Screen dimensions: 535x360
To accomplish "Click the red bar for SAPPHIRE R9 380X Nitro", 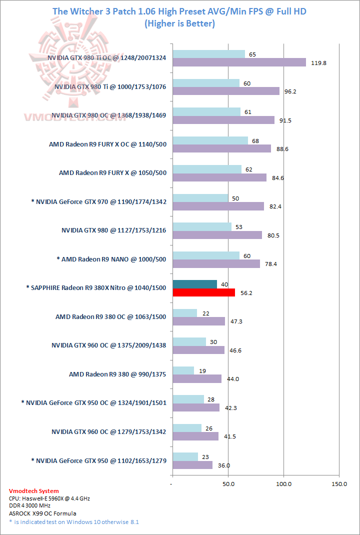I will [203, 292].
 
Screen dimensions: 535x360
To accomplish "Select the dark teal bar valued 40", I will [194, 284].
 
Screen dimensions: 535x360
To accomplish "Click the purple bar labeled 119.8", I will [239, 62].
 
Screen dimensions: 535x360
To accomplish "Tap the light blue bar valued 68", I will [210, 140].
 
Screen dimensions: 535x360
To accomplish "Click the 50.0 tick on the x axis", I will [228, 484].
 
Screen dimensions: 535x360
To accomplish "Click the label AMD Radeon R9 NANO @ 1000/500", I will [111, 259].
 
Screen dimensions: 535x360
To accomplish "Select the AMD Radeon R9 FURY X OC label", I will [107, 144].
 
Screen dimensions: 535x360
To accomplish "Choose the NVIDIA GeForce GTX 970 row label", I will [98, 202].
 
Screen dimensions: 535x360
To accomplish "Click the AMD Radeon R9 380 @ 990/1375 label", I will [117, 374].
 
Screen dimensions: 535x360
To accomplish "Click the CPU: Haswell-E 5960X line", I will [49, 498].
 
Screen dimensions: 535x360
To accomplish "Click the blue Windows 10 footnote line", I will [73, 522].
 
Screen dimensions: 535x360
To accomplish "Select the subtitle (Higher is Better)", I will [179, 23].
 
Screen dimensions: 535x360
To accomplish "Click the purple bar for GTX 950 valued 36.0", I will [192, 465].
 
